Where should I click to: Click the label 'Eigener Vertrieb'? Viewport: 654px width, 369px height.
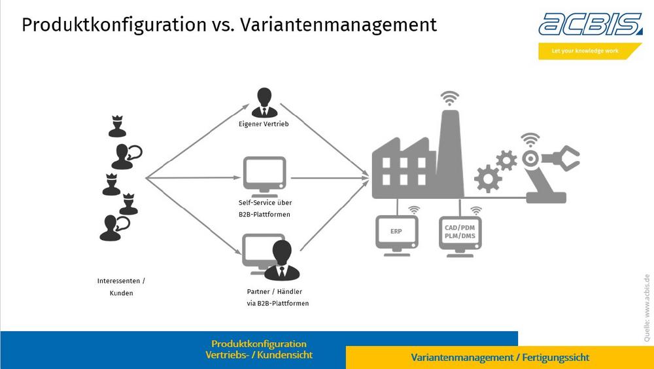pyautogui.click(x=264, y=124)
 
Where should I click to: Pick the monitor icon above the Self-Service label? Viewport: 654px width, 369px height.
pyautogui.click(x=264, y=175)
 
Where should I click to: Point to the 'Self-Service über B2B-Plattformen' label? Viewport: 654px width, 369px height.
pyautogui.click(x=264, y=209)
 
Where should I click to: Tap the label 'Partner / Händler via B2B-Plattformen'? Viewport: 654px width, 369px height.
pyautogui.click(x=274, y=297)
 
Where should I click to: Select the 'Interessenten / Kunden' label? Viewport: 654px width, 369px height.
pyautogui.click(x=121, y=287)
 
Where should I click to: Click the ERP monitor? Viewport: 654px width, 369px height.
pyautogui.click(x=396, y=232)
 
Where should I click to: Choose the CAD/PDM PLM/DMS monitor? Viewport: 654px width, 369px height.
pyautogui.click(x=460, y=232)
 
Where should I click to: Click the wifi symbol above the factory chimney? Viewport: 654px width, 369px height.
pyautogui.click(x=449, y=98)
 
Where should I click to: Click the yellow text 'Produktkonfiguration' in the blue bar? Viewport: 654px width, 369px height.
pyautogui.click(x=259, y=343)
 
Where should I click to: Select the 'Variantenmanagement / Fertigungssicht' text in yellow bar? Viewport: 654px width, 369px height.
pyautogui.click(x=500, y=358)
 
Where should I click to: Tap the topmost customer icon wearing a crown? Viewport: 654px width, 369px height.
pyautogui.click(x=117, y=126)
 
